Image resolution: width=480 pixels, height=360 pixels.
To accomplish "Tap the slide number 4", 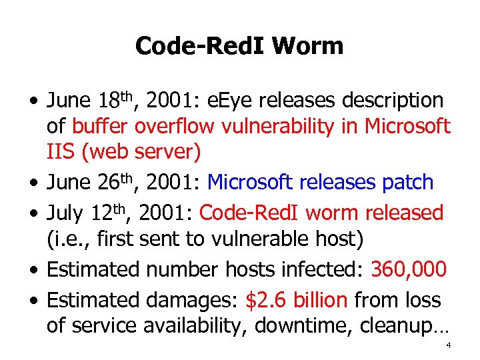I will coord(449,345).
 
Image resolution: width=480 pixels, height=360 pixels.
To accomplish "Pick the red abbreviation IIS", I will coord(61,151).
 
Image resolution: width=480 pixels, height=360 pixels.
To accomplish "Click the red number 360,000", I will coord(408,269).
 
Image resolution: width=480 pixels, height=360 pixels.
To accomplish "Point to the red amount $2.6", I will coord(268,300).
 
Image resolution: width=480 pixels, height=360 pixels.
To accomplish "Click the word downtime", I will coord(300,325).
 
